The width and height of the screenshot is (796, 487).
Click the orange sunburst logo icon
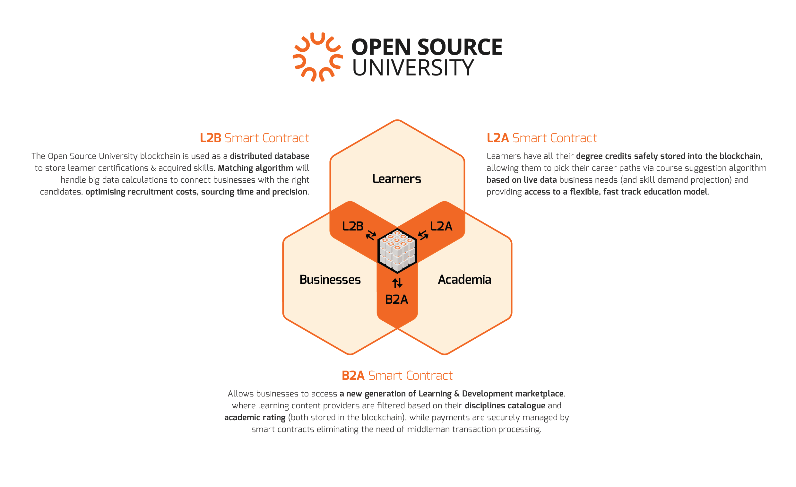317,57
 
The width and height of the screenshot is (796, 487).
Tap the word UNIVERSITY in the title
412,68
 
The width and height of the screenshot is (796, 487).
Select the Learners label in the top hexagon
396,179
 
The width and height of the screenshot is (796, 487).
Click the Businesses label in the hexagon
330,280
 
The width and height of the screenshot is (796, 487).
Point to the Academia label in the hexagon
464,280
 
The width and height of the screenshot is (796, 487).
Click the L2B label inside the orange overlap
352,226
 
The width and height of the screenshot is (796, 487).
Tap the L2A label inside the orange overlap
441,226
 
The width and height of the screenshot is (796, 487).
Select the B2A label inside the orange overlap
396,300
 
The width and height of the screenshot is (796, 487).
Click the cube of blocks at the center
397,251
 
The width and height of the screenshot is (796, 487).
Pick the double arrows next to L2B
371,235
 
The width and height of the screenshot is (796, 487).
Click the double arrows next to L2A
423,235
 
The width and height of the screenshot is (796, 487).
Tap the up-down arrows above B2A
397,283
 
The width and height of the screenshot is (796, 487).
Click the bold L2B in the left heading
210,138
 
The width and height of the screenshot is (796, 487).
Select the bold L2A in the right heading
497,138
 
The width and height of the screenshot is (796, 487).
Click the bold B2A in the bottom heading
353,376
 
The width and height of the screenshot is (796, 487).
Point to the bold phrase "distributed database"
269,156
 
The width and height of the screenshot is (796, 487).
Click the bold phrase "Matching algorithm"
255,168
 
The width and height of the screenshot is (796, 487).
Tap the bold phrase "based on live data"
521,180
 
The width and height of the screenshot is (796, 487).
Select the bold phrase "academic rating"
255,418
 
